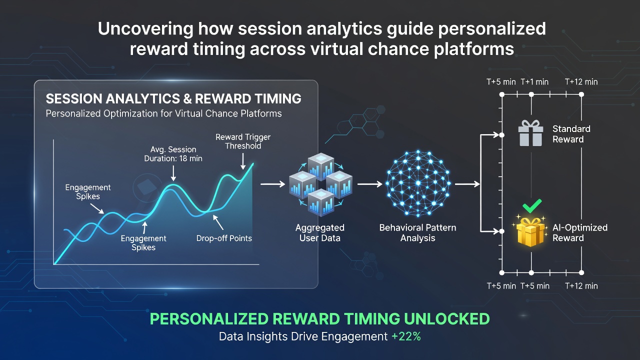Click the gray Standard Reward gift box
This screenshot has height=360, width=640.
tap(530, 133)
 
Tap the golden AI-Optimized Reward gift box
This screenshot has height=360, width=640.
tap(530, 231)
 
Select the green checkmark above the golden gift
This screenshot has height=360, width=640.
tap(532, 205)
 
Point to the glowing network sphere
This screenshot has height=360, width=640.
tap(418, 183)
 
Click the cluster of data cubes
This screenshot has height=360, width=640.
tap(320, 184)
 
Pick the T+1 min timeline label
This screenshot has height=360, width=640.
tap(534, 82)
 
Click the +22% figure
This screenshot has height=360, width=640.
tap(406, 336)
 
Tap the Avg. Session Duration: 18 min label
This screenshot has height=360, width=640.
tap(173, 154)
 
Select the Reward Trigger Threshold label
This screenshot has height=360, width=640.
tap(243, 141)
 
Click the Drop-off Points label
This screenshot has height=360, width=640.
tap(224, 238)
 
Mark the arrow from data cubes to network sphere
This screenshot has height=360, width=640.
tap(369, 184)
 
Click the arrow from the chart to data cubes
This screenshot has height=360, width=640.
tap(273, 184)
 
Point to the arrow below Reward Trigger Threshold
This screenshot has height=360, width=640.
tap(243, 161)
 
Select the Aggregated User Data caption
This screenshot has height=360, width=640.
tap(319, 233)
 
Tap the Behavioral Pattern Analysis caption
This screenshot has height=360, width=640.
tap(417, 233)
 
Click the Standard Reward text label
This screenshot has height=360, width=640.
tap(571, 134)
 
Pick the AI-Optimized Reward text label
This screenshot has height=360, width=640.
tap(580, 233)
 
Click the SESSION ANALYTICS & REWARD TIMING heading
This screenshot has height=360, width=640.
tap(173, 98)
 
